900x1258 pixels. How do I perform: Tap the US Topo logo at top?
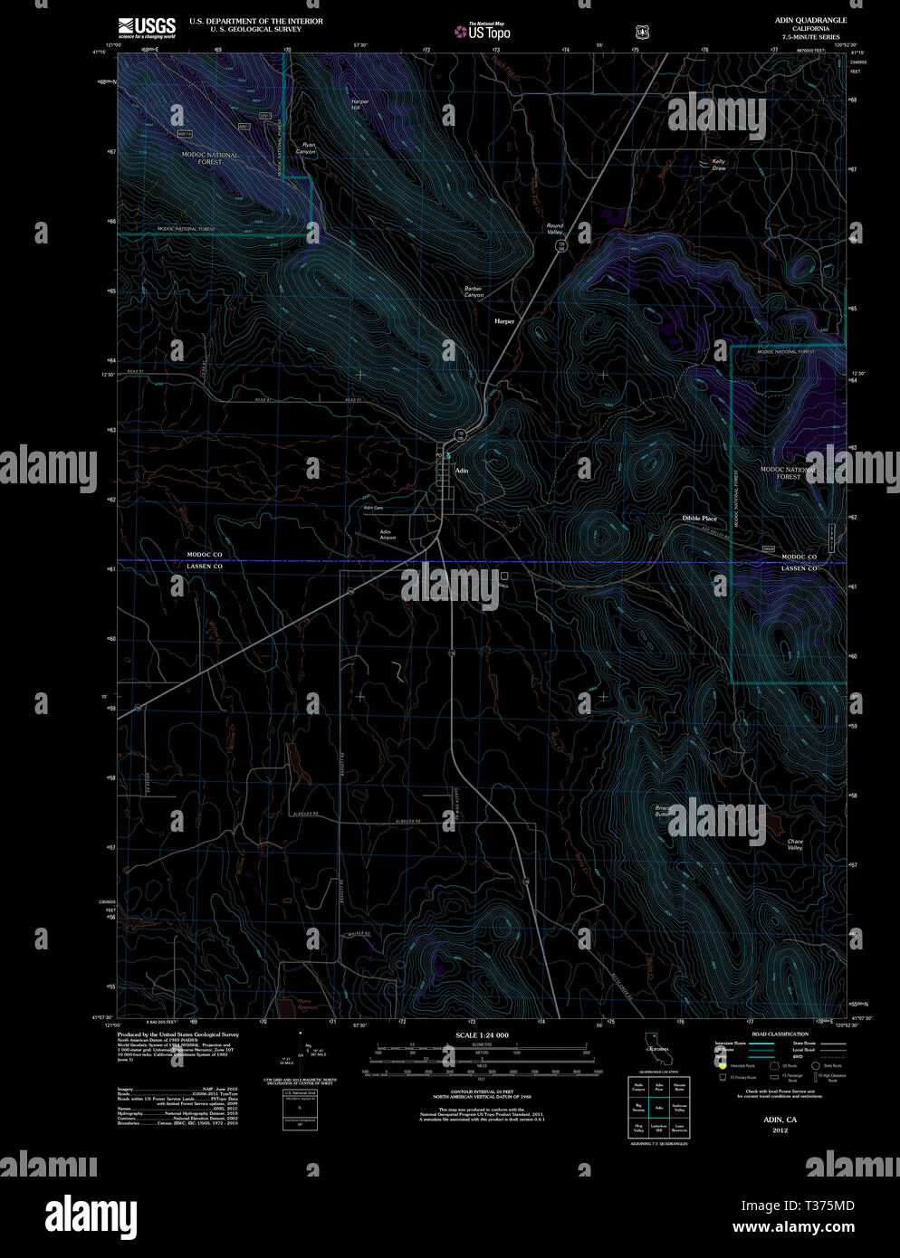coord(483,32)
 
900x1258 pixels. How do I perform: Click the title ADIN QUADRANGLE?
coord(810,20)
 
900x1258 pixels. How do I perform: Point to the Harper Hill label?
coord(359,103)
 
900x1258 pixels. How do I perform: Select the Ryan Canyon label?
coord(308,148)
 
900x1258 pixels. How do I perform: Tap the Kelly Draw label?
coord(718,165)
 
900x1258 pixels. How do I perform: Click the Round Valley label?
coord(554,228)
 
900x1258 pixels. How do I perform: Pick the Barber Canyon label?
coord(474,291)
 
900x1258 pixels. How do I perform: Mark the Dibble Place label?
coord(699,519)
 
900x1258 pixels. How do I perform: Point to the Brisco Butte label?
coord(663,811)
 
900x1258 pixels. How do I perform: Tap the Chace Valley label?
coord(795,844)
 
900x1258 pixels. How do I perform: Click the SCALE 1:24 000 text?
coord(482,1034)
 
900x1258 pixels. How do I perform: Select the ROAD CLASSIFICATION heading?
coord(780,1034)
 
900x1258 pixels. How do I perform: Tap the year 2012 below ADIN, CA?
coord(780,1130)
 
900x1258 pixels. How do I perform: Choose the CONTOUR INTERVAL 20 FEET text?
coord(481,1091)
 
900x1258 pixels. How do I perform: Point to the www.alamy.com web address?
coord(793,1227)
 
